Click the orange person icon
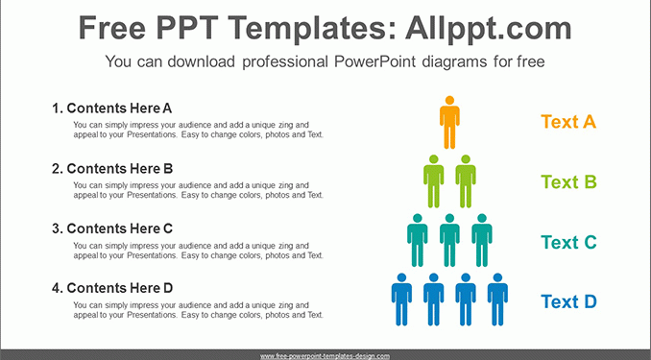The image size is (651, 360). pos(449,122)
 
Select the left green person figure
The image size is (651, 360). pos(433,181)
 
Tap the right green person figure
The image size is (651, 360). pos(466,181)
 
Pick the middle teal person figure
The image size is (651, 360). pos(449,240)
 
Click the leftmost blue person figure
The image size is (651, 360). pos(401,300)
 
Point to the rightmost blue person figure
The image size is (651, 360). pos(497,300)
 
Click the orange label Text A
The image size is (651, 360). pos(568,122)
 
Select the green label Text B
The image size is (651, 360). pos(568,181)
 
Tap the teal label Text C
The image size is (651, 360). pos(568,242)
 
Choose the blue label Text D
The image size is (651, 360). pos(568,301)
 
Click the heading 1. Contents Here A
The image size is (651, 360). pos(111,108)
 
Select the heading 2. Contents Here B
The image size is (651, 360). pos(112,169)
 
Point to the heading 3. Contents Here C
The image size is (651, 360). pos(112,228)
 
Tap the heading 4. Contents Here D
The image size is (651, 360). pos(112,288)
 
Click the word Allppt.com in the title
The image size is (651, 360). pos(489,28)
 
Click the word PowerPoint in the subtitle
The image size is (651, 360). pos(374,61)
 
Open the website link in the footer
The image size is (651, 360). pos(325,356)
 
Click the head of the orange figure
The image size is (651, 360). pos(449,100)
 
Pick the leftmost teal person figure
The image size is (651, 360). pos(418,240)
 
